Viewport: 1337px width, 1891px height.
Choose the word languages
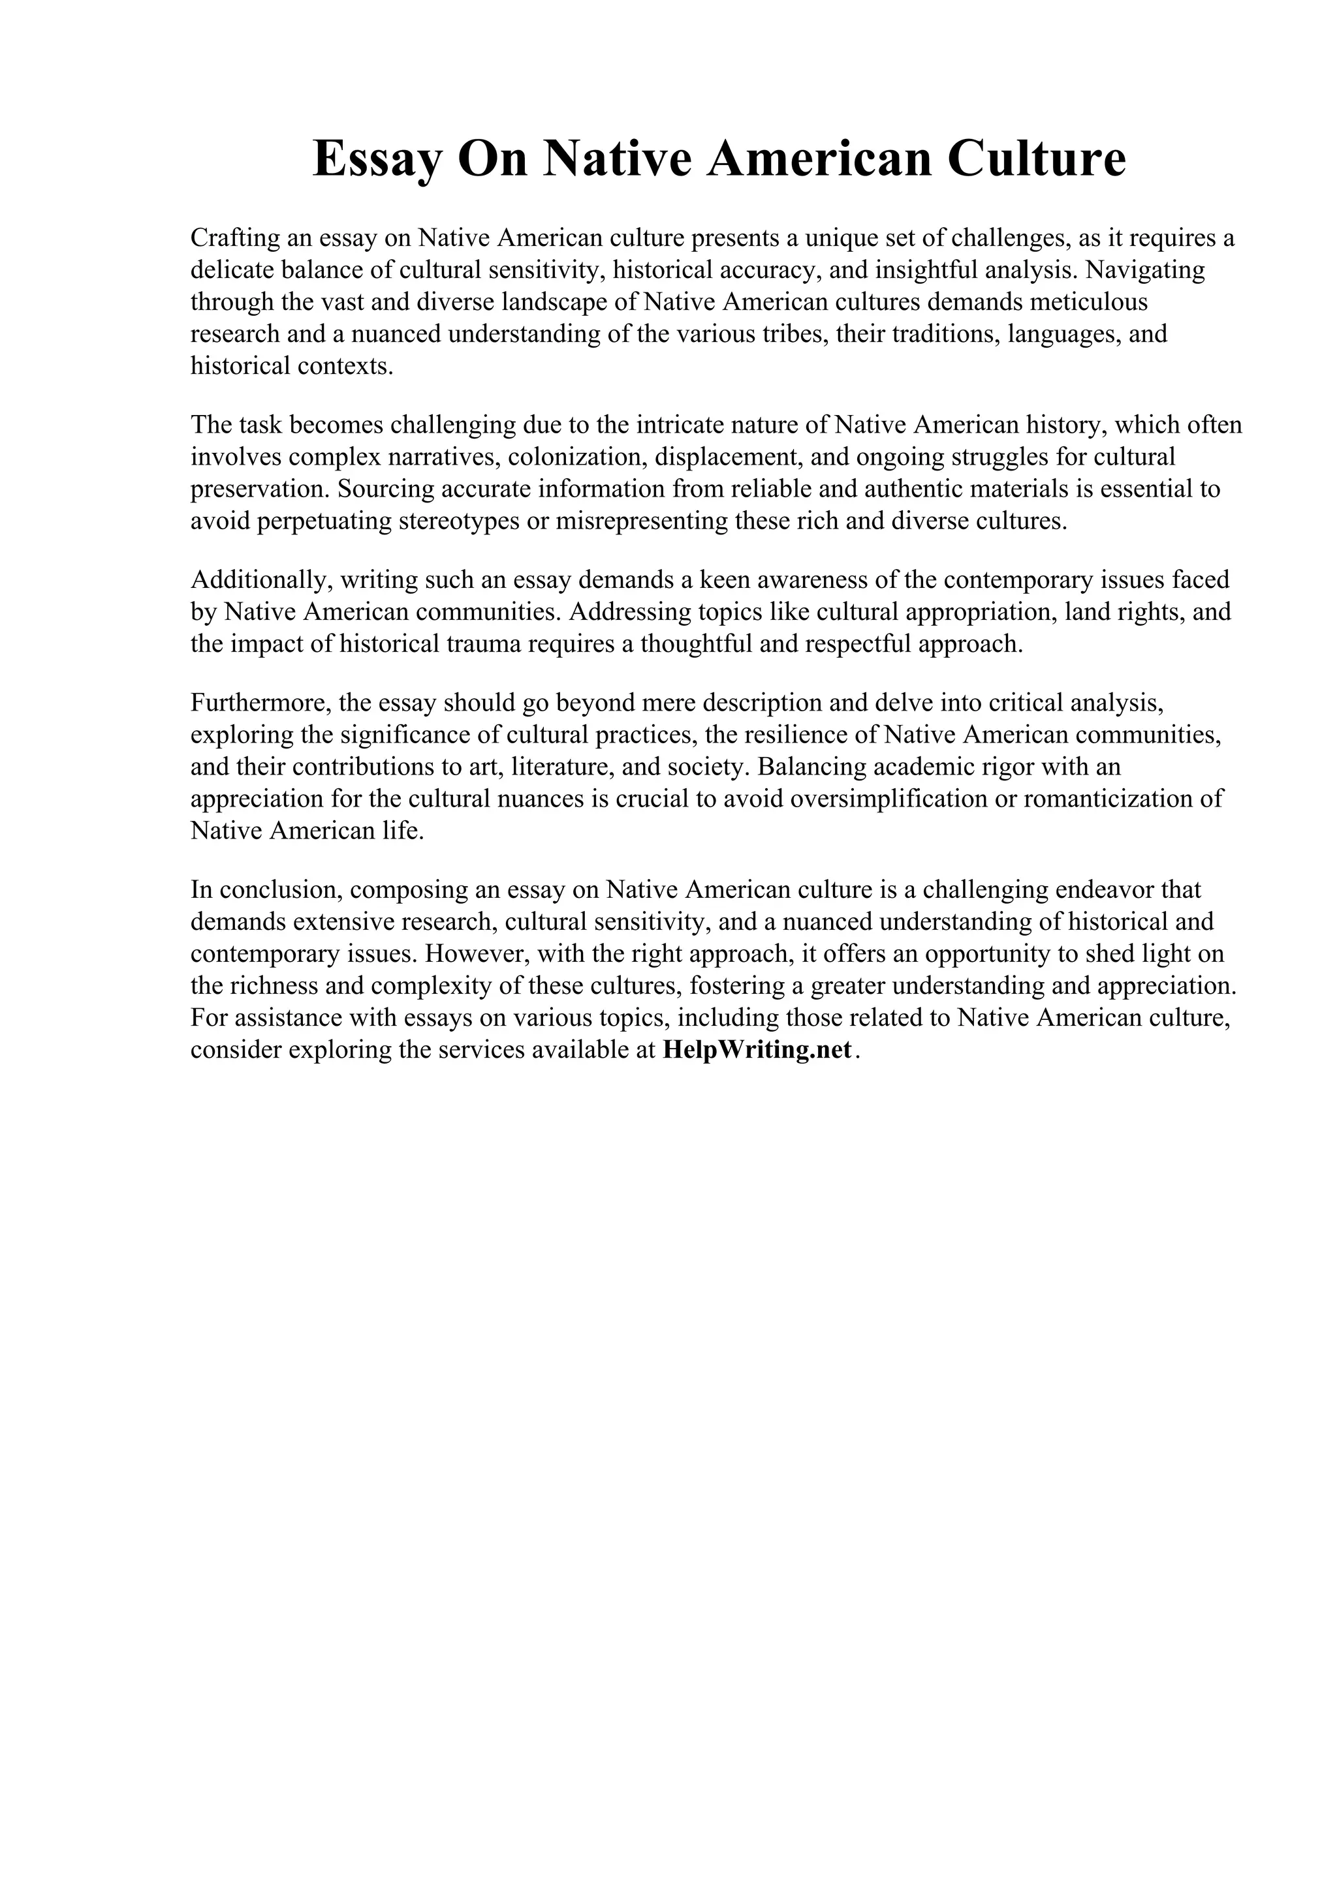point(1062,334)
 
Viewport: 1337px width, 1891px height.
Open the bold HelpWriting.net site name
point(756,1051)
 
